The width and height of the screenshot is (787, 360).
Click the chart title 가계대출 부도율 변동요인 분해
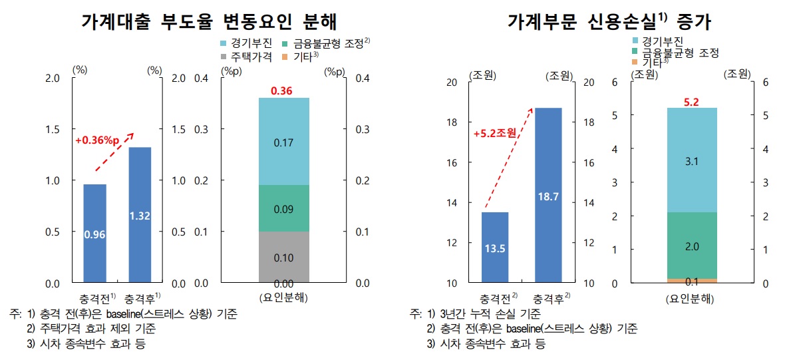click(209, 22)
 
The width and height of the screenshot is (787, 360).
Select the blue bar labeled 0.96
click(94, 233)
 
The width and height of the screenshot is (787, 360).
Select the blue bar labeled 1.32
click(140, 214)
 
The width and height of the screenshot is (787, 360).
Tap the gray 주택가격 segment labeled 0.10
click(284, 257)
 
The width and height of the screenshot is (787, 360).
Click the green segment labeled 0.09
click(284, 208)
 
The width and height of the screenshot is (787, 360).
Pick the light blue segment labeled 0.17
click(284, 142)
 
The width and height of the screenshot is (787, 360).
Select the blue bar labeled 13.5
click(495, 248)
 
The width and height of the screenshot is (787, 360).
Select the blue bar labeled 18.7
click(548, 195)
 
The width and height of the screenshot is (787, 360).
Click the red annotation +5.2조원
click(494, 133)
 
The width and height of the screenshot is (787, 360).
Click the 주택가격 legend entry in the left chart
click(245, 57)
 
